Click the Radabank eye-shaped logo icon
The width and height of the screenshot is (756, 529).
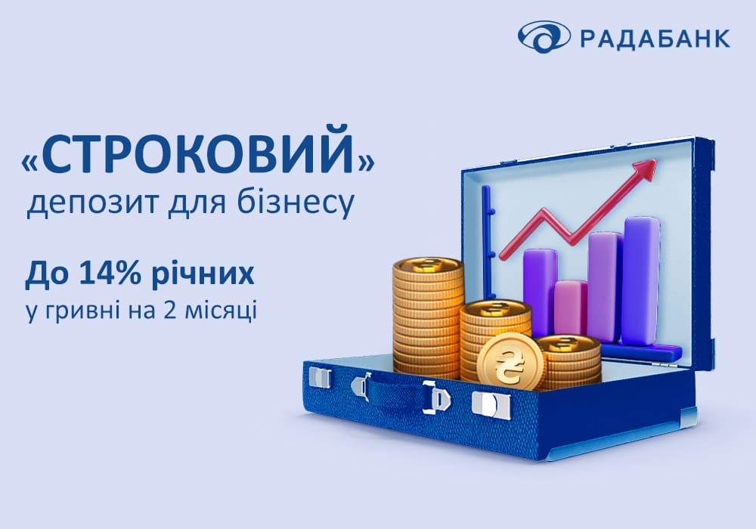[544, 36]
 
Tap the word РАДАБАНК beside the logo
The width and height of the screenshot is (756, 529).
[655, 38]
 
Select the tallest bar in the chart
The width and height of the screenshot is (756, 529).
[641, 280]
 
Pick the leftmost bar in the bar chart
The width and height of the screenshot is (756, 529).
[540, 289]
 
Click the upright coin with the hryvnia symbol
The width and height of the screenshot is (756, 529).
[510, 362]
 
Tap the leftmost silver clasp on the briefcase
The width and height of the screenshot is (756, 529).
[320, 377]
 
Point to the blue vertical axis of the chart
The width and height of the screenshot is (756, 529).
[487, 241]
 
